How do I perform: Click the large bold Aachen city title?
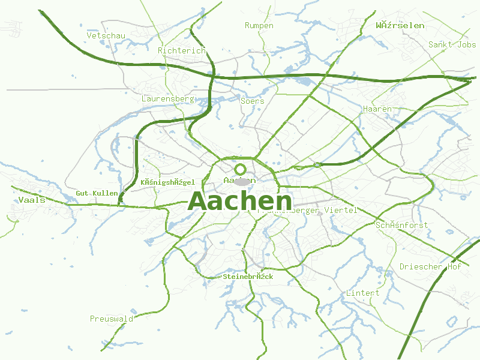click(x=240, y=202)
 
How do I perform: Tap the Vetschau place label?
click(x=106, y=36)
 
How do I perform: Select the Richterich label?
click(x=181, y=51)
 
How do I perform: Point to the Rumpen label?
click(x=259, y=26)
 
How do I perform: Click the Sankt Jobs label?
click(x=452, y=44)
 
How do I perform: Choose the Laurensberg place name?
click(x=168, y=98)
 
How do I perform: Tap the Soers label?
click(x=252, y=101)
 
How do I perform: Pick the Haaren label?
click(x=377, y=109)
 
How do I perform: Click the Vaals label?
click(x=32, y=200)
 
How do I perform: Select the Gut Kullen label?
click(x=97, y=193)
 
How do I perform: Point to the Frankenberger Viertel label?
click(x=308, y=211)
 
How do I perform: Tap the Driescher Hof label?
click(x=430, y=266)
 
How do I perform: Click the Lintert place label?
click(x=362, y=293)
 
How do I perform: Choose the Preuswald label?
click(x=111, y=319)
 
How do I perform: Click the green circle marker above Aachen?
click(x=241, y=169)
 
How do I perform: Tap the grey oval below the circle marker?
click(x=241, y=182)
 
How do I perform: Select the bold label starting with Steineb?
click(x=248, y=277)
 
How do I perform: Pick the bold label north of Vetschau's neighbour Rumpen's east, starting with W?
click(x=400, y=26)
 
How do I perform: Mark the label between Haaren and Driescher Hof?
click(x=401, y=225)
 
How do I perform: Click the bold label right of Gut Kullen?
click(x=167, y=182)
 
